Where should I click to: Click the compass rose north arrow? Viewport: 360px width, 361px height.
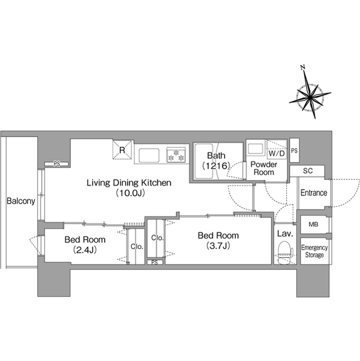310,92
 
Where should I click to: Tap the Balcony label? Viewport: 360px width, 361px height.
21,201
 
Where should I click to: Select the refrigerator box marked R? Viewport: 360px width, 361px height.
122,150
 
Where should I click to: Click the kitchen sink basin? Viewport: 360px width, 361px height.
149,156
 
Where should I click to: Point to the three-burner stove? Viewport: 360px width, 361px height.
176,155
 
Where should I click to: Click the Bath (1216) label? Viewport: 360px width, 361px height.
216,160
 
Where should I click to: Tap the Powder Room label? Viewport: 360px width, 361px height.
264,168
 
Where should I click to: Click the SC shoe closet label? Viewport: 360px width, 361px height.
308,170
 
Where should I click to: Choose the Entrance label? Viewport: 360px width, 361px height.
314,193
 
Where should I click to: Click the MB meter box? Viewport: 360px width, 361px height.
314,224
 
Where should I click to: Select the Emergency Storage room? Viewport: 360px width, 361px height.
314,251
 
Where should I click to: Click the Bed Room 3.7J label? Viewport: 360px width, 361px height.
218,241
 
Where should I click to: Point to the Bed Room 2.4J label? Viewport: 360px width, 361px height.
85,244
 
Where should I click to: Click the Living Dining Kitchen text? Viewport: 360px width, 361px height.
129,183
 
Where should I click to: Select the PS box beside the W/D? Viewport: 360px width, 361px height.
294,151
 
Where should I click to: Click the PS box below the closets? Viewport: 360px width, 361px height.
155,262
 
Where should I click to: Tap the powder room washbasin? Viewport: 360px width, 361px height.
256,148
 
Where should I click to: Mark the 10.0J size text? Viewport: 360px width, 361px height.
130,193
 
